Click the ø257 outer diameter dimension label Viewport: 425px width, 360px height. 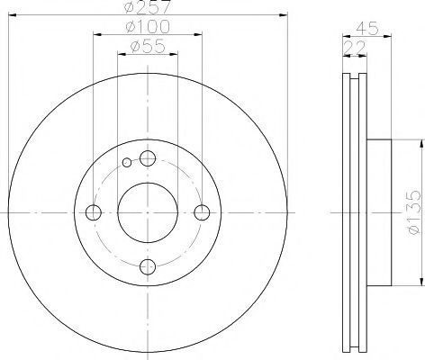pyautogui.click(x=148, y=6)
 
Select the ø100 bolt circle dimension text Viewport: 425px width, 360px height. pyautogui.click(x=148, y=27)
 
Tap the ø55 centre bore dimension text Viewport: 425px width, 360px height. pyautogui.click(x=148, y=47)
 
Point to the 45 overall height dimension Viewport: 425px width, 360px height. pyautogui.click(x=367, y=29)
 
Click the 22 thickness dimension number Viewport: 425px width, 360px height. pyautogui.click(x=355, y=48)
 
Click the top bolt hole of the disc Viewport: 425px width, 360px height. pyautogui.click(x=148, y=158)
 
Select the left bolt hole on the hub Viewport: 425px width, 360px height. pyautogui.click(x=94, y=212)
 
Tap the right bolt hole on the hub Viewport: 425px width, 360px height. pyautogui.click(x=202, y=212)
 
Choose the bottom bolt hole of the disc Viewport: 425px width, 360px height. pyautogui.click(x=148, y=266)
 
